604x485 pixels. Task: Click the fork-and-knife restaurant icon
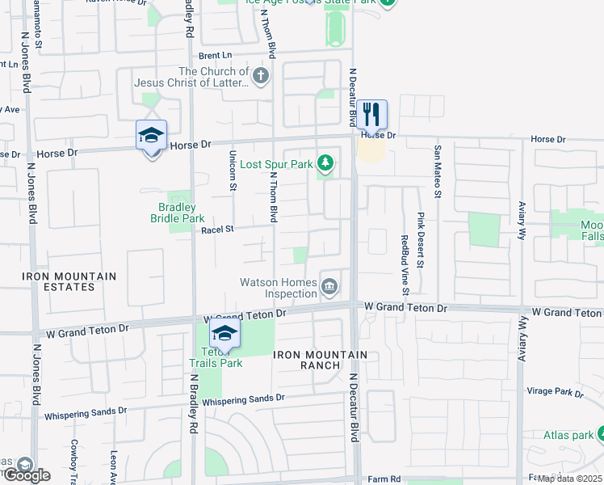coord(371,114)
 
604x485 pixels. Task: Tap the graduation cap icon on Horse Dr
coord(151,136)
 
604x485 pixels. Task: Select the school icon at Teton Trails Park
coord(224,335)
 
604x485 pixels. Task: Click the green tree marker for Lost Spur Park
coord(325,164)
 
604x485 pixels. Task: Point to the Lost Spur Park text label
coord(276,164)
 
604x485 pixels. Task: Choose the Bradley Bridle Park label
coord(177,213)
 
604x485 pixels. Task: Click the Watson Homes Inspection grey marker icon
coord(329,286)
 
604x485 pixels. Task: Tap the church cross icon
coord(260,77)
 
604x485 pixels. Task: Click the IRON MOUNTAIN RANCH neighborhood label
coord(320,360)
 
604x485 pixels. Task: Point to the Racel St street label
coord(217,230)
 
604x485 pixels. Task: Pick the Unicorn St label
coord(233,171)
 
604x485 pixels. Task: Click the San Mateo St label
coord(438,171)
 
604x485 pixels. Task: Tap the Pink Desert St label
coord(421,240)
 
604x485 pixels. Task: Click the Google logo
coord(26,474)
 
